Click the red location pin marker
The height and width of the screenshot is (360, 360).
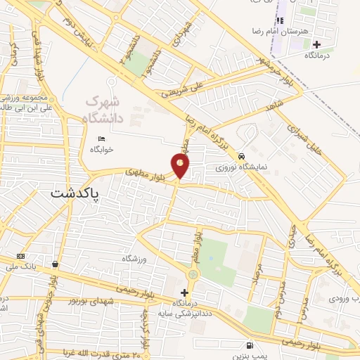pos(181,166)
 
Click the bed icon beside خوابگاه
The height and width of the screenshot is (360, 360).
pos(102,138)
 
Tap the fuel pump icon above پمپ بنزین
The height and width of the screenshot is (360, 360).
pos(250,345)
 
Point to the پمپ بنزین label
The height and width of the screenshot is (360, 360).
pos(248,355)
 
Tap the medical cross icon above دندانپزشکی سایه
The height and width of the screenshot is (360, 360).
pos(185,292)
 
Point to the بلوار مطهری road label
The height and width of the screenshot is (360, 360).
pos(146,171)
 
